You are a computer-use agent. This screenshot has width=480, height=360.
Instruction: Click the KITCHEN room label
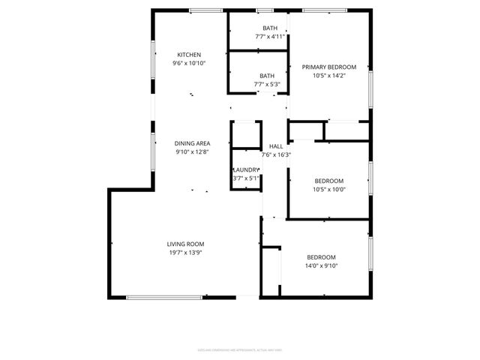tap(189, 55)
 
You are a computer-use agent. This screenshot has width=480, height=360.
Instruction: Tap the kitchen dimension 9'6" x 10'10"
tap(189, 64)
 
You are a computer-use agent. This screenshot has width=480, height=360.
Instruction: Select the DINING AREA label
tap(192, 143)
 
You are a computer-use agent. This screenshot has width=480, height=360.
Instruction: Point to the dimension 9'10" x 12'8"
tap(191, 152)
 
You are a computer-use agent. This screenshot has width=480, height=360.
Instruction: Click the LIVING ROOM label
tap(185, 244)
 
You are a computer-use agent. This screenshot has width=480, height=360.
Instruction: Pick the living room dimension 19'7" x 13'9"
tap(185, 253)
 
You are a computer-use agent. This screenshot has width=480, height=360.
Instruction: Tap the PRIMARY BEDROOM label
tap(328, 67)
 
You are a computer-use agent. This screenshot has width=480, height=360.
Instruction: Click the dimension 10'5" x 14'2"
tap(328, 76)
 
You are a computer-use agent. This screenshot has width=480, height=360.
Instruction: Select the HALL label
tap(275, 146)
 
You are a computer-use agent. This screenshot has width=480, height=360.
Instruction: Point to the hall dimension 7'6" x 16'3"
tap(275, 155)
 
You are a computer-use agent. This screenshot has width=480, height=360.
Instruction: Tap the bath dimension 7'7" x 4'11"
tap(270, 37)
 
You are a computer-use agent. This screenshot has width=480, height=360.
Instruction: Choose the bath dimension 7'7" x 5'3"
tap(267, 84)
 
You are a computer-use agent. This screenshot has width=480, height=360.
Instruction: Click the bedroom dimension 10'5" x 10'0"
tap(328, 190)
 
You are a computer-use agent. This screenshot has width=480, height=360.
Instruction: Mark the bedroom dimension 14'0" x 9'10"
tap(320, 265)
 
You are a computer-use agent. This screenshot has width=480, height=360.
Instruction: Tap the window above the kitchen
tap(205, 10)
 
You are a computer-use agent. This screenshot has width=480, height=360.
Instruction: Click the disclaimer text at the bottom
tap(240, 349)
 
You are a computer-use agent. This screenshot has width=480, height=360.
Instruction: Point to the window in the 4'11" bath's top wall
tap(265, 10)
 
